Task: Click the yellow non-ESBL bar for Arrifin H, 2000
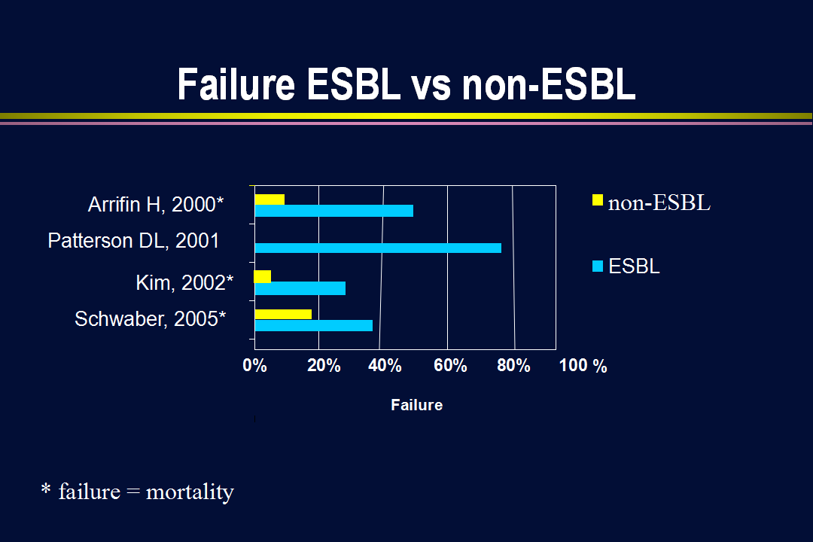click(269, 199)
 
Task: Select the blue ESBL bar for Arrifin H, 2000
click(334, 211)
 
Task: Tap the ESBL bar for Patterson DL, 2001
click(378, 248)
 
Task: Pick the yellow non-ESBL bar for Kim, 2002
click(263, 276)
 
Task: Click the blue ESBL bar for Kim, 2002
click(300, 288)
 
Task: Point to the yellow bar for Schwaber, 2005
click(283, 315)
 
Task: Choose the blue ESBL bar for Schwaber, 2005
click(314, 325)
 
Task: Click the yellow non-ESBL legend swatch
click(597, 199)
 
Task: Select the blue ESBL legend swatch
click(598, 266)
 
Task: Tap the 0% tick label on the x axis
click(254, 366)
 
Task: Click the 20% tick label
click(324, 366)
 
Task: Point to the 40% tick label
click(385, 366)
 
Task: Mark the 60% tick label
click(450, 366)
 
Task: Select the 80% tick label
click(513, 366)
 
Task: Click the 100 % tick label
click(583, 366)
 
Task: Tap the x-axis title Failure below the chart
click(417, 405)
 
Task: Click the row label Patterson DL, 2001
click(133, 241)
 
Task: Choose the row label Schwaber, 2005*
click(151, 319)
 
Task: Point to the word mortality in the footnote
click(190, 492)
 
